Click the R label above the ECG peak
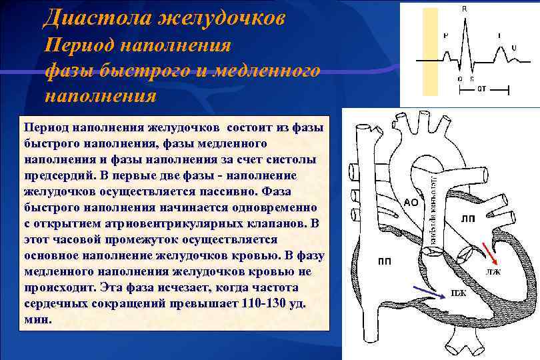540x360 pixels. tap(465, 9)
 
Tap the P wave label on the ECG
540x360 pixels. tap(445, 35)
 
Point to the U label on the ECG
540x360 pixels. tap(513, 47)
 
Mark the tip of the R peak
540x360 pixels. tap(465, 19)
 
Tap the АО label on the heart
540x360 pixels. tap(411, 203)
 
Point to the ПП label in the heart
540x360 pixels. tap(385, 261)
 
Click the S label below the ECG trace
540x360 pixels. tap(472, 79)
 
